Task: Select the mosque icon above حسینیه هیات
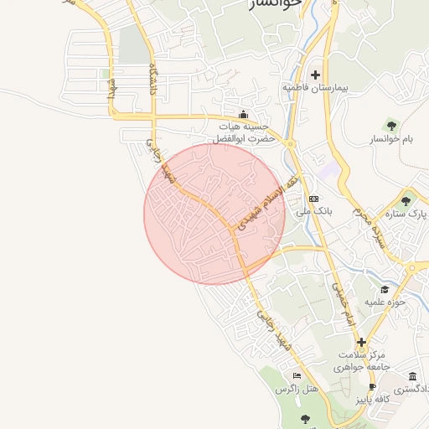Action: point(244,115)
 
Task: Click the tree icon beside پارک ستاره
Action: point(406,200)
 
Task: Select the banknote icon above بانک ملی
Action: point(313,199)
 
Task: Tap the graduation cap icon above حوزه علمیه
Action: point(385,289)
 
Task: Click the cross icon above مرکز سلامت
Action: point(361,342)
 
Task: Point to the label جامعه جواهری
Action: point(361,367)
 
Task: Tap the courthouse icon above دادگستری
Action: point(412,376)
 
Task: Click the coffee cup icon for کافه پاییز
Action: point(372,388)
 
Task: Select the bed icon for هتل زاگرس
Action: point(296,375)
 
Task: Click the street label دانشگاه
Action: point(152,80)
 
